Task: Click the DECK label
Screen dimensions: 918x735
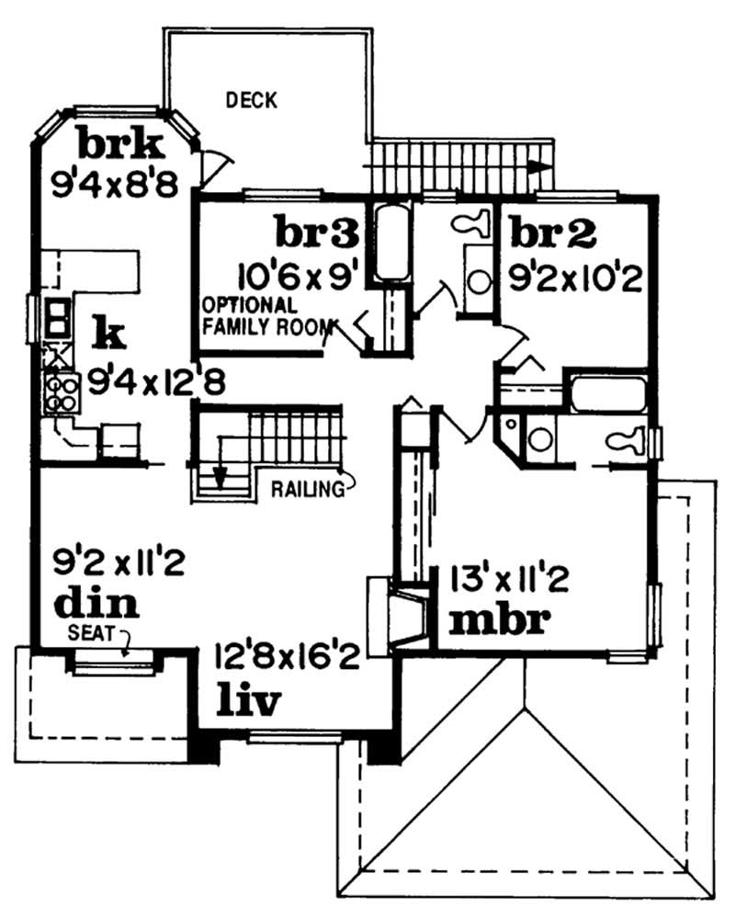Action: point(252,100)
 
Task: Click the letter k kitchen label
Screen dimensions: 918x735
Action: point(108,335)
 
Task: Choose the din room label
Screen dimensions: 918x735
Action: point(96,604)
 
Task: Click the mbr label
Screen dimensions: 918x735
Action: point(500,621)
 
